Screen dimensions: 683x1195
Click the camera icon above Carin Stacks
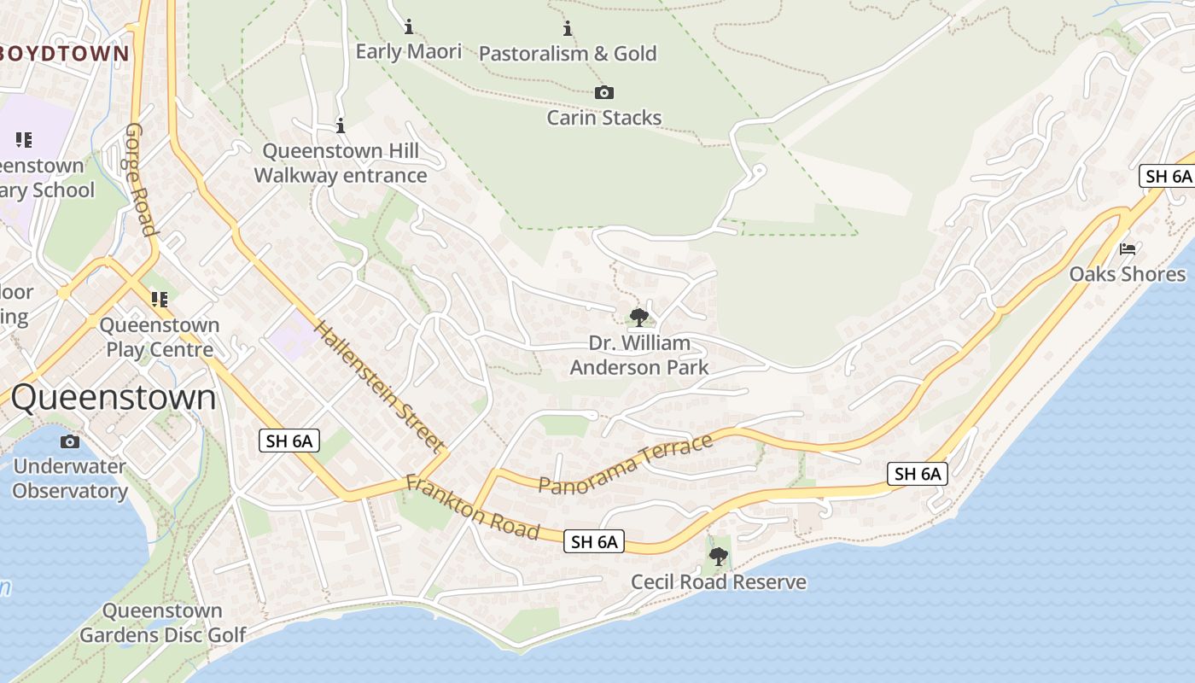(603, 92)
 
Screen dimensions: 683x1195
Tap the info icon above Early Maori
(409, 26)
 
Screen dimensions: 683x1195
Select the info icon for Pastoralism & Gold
(568, 28)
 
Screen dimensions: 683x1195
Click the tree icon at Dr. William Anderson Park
(638, 318)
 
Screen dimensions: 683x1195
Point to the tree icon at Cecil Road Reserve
(719, 557)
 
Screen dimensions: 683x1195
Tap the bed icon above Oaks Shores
(1128, 249)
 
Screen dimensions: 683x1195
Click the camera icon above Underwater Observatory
(70, 441)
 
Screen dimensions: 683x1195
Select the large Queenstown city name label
(114, 398)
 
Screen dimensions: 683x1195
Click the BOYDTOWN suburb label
(64, 54)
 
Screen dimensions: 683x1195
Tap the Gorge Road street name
(142, 179)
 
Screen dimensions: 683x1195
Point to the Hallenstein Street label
(379, 386)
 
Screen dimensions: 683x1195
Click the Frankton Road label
(473, 508)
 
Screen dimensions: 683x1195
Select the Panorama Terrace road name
(625, 465)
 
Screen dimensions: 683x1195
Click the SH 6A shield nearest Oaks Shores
(1167, 177)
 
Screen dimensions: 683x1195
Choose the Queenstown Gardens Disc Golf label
(162, 622)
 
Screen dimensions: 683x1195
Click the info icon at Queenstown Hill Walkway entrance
(341, 126)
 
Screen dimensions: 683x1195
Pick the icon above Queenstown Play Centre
(159, 299)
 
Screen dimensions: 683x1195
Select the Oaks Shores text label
(1128, 274)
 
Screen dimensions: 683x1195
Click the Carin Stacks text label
(603, 118)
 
